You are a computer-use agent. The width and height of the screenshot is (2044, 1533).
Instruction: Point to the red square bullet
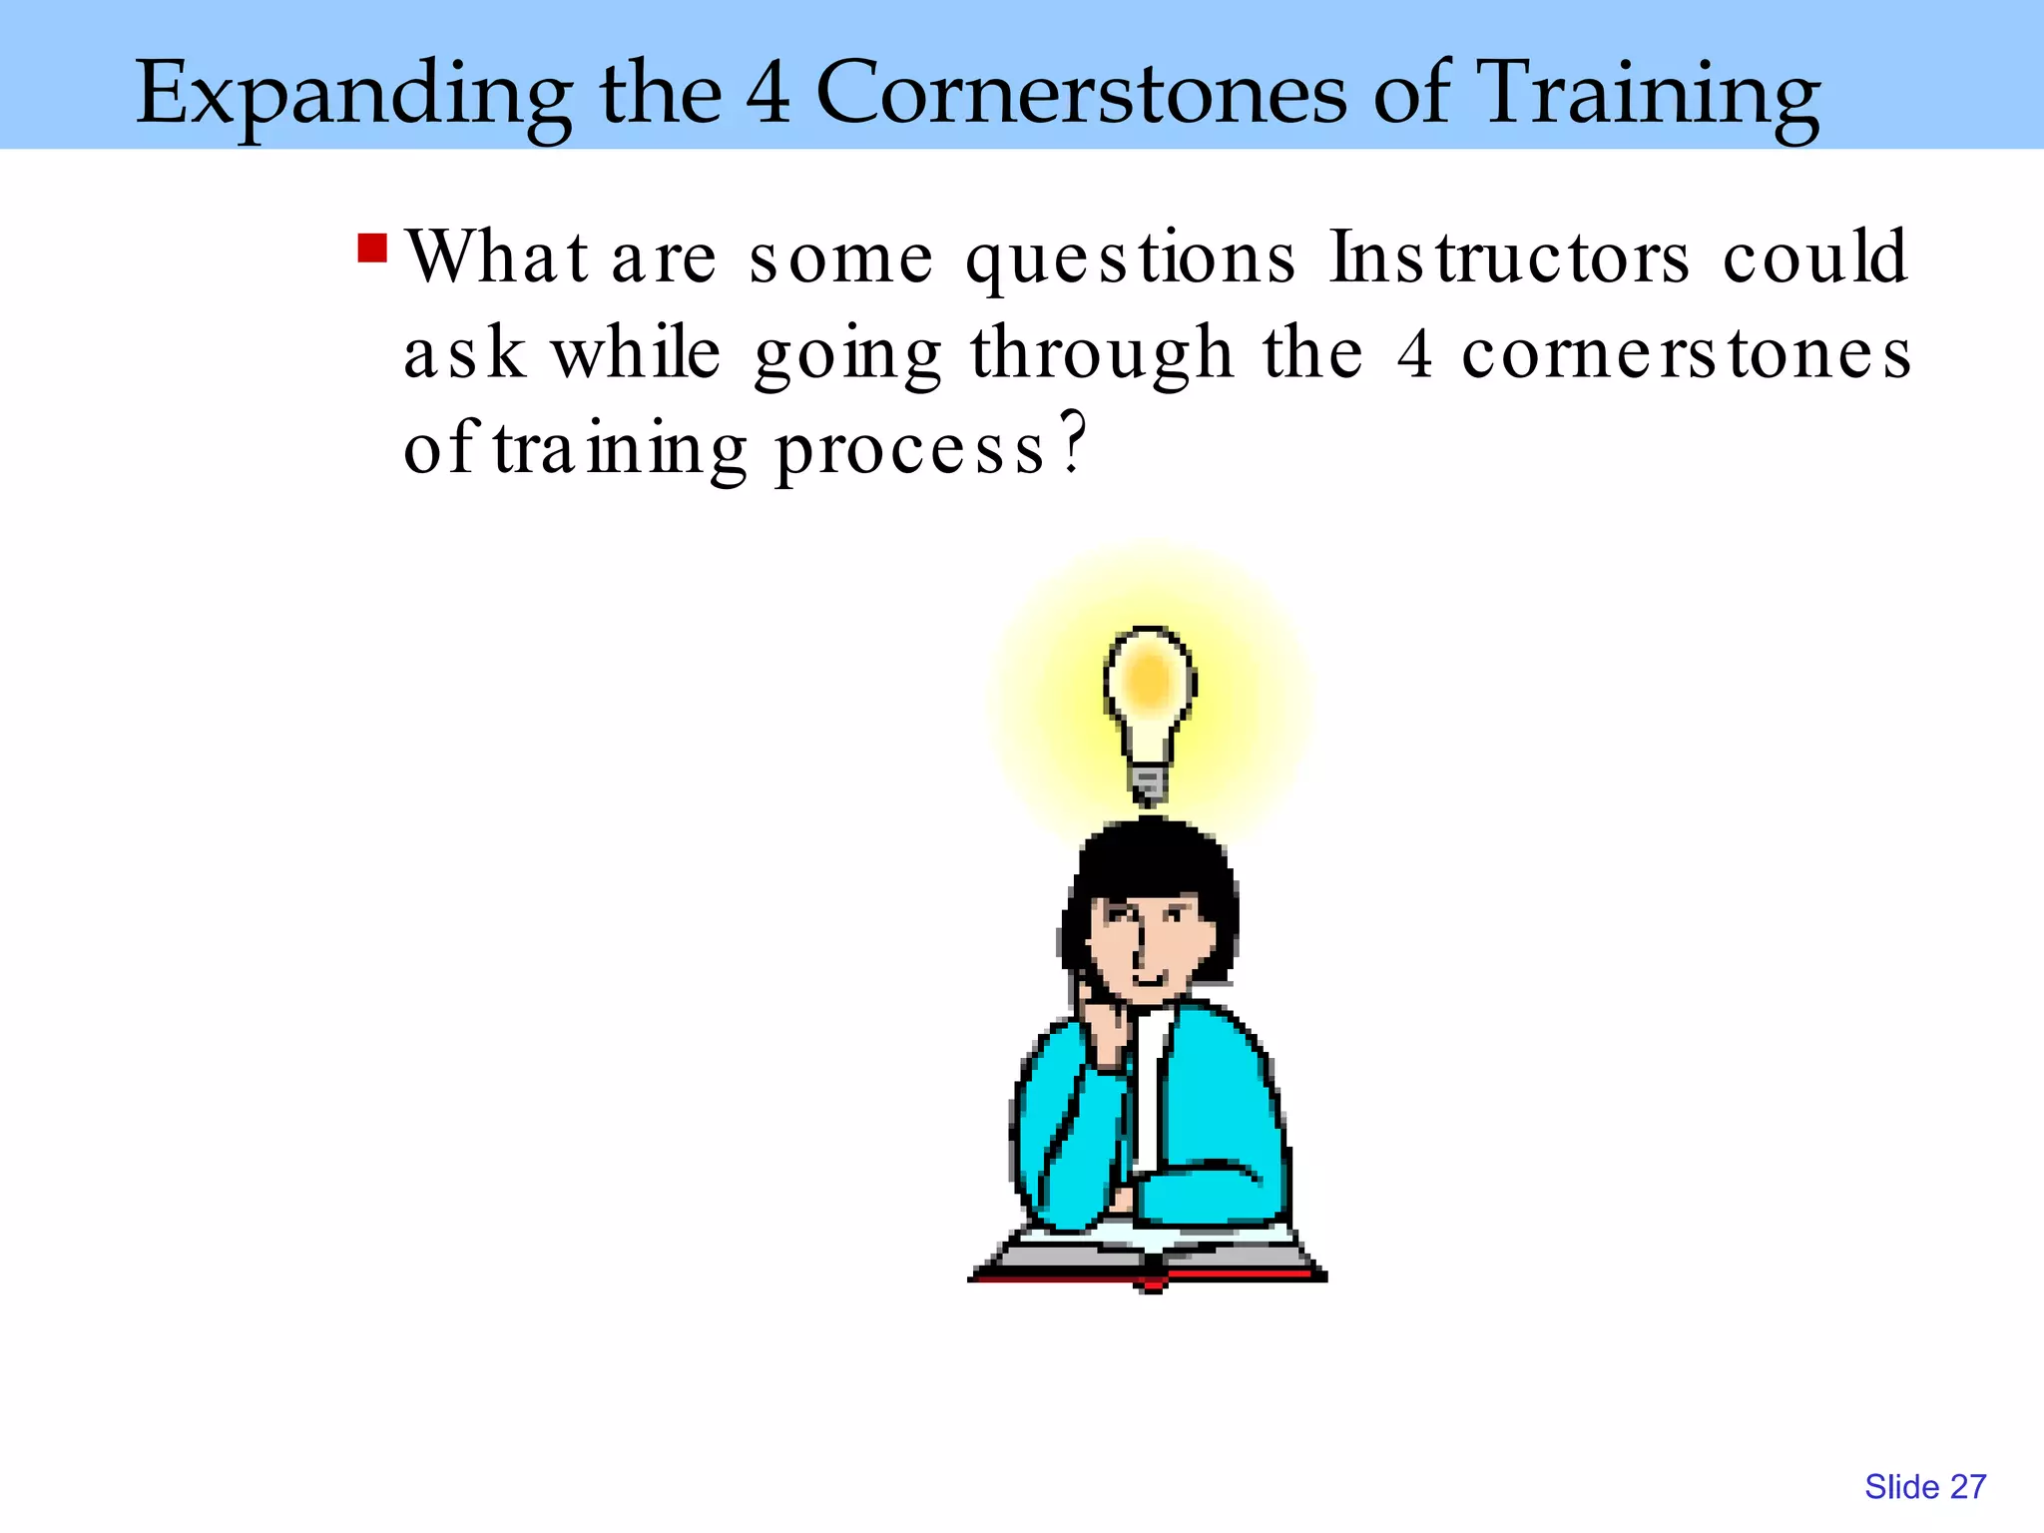click(x=372, y=248)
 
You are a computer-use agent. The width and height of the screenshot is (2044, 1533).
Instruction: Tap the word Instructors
click(x=1509, y=257)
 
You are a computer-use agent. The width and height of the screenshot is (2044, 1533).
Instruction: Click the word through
click(x=1102, y=355)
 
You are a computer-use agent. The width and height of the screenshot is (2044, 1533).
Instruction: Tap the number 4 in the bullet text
click(x=1415, y=353)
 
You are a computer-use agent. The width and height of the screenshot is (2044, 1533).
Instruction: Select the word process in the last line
click(x=910, y=451)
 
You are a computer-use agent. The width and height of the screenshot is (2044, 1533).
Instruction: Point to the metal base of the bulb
click(x=1149, y=782)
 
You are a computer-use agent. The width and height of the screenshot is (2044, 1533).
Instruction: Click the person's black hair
click(x=1153, y=858)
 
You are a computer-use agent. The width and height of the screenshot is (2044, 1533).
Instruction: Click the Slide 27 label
click(x=1924, y=1487)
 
